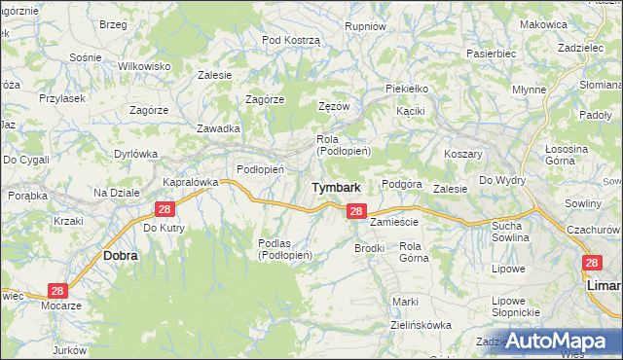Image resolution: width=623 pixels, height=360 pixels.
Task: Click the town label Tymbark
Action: [337, 187]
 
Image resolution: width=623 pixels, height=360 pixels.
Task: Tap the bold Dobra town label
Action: [120, 255]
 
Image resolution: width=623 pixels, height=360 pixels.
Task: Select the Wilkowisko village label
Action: [144, 65]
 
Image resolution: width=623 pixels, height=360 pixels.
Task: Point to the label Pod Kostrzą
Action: [291, 39]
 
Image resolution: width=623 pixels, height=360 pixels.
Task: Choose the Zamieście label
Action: [394, 222]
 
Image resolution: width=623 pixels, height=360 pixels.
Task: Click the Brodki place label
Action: [370, 248]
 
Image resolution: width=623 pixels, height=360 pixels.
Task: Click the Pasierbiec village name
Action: [491, 54]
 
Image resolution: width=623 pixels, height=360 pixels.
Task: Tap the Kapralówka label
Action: [190, 182]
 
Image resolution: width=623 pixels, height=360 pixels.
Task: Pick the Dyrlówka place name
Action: [135, 153]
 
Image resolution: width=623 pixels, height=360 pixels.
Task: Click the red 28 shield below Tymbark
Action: [356, 211]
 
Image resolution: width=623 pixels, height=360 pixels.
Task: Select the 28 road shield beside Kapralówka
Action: [164, 209]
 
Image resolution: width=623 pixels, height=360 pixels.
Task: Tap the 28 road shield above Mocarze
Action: [57, 291]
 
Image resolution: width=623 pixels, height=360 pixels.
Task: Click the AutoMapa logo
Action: [557, 341]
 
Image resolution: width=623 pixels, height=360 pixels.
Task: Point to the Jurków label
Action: [71, 349]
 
